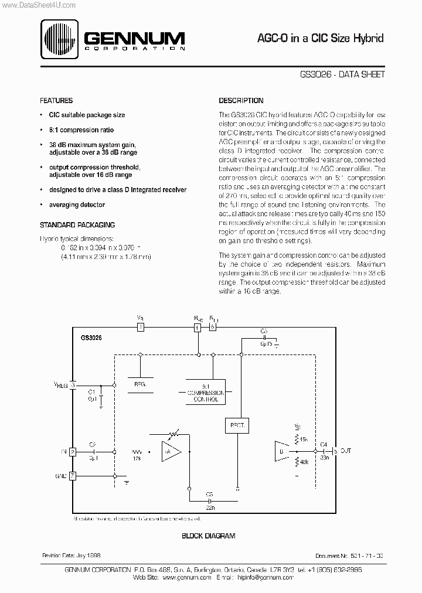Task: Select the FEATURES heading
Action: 56,101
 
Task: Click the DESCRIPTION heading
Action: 241,101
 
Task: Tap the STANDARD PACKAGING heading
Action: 77,224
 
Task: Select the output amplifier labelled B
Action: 283,452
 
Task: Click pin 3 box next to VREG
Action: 73,385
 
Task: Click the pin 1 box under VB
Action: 140,327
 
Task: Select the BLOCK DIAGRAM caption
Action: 208,536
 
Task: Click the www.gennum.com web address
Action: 186,577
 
